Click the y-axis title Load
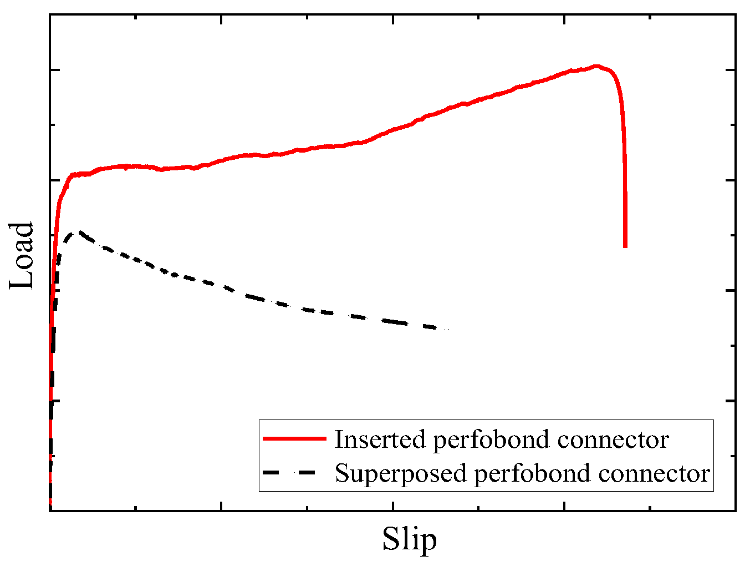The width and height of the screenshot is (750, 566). pos(22,256)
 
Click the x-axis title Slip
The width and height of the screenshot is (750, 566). pos(409,539)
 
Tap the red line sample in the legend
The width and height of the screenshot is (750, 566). pos(294,439)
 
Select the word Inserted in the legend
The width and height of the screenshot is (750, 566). pos(381,439)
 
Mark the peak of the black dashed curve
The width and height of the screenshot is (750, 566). pos(80,232)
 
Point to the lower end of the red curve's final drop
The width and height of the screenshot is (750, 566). pos(625,246)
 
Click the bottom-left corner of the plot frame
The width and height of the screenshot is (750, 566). pos(50,510)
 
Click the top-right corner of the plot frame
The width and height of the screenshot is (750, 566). pos(736,15)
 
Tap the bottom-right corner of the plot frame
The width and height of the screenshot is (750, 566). pos(736,510)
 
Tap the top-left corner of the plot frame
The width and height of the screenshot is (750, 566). pos(50,15)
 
